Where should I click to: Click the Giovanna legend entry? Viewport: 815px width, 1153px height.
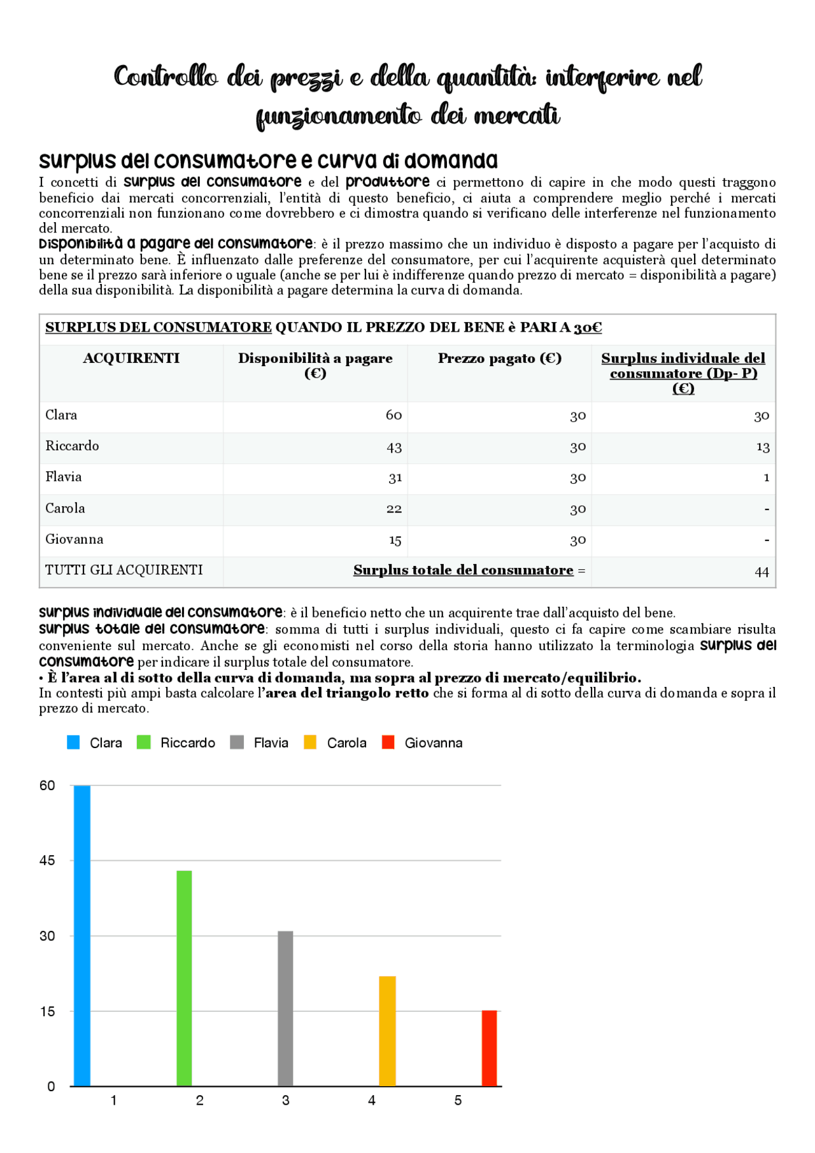point(423,742)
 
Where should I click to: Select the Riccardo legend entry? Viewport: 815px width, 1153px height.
point(176,742)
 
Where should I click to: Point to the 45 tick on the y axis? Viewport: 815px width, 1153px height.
point(47,860)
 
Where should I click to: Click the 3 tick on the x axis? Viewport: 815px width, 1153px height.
point(285,1100)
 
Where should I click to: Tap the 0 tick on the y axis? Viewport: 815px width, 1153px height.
point(51,1086)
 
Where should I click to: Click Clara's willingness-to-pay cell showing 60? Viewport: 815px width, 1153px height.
point(393,415)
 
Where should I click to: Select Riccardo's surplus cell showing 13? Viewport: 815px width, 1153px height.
point(763,447)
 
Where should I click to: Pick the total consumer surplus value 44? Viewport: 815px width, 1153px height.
point(762,572)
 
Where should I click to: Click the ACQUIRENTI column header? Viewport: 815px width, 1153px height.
point(131,358)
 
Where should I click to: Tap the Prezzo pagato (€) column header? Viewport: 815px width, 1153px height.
point(500,358)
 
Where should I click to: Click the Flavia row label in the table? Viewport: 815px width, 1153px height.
point(64,477)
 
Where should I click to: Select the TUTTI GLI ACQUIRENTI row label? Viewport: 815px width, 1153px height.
point(124,570)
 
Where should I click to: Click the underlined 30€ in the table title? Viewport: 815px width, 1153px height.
point(588,327)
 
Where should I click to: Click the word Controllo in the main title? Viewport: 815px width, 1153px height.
point(166,77)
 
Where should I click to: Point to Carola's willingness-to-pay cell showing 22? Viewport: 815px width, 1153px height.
point(393,509)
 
